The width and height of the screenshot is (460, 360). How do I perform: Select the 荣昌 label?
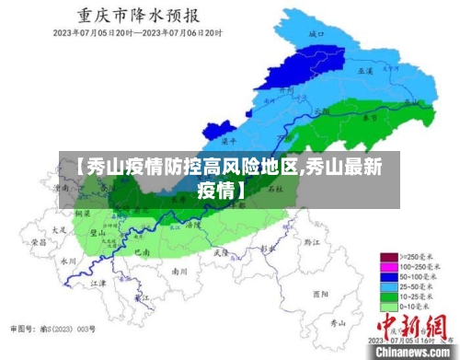click(x=39, y=241)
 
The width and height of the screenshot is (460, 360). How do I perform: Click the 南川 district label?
click(x=180, y=272)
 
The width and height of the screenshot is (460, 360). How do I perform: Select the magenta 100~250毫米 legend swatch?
click(x=389, y=266)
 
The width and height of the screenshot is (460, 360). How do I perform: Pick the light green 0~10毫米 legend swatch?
click(x=389, y=306)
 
